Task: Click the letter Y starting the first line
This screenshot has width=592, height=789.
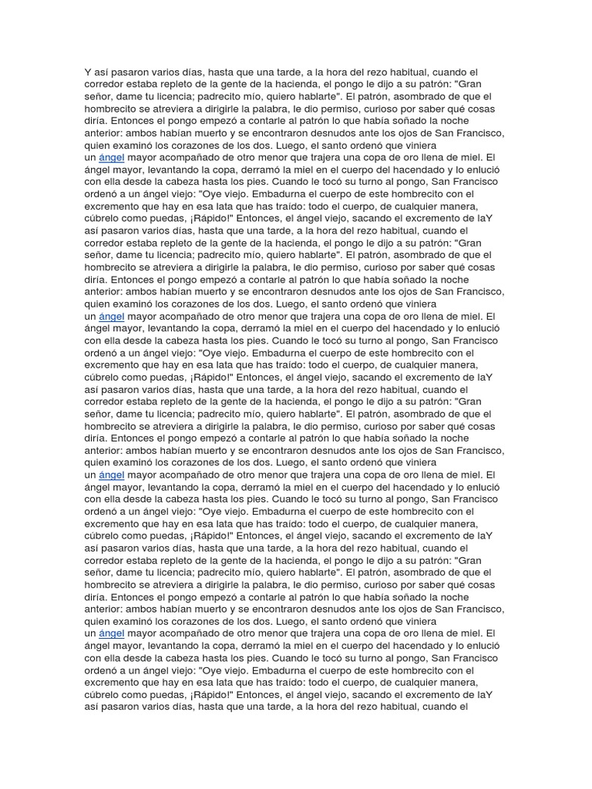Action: click(x=88, y=72)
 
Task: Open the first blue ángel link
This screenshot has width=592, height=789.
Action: click(x=112, y=157)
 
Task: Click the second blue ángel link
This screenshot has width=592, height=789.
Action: click(x=112, y=316)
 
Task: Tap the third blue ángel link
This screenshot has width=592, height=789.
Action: click(x=112, y=475)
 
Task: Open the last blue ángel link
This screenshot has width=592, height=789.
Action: click(x=112, y=633)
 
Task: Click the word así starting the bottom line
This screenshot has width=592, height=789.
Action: click(x=93, y=707)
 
